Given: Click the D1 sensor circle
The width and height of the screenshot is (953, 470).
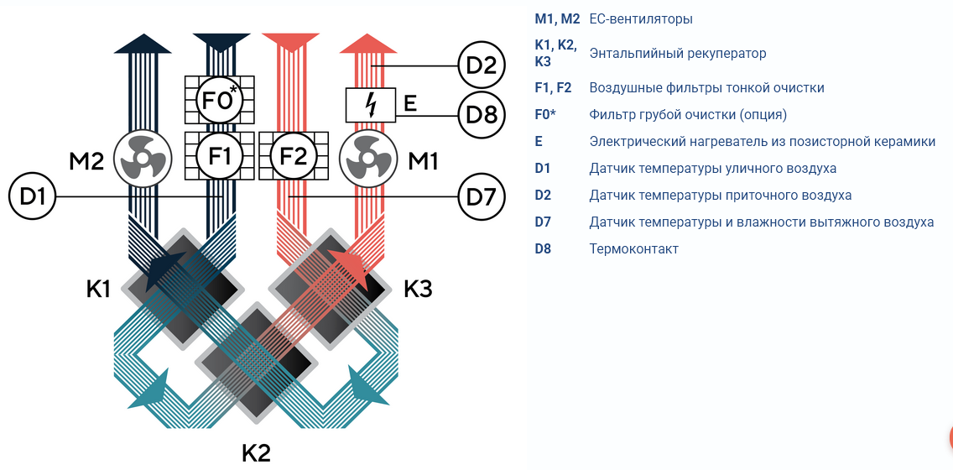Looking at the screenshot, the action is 32,196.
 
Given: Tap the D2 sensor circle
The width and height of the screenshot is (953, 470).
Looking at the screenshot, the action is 481,65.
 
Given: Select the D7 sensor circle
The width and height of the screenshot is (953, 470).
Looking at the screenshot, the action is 481,196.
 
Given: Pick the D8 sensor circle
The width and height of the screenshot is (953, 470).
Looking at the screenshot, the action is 481,115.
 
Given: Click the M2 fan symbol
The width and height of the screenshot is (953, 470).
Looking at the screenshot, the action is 143,159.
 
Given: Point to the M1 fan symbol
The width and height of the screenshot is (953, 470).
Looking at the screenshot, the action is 367,159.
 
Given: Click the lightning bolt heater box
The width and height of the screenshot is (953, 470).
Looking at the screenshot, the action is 369,105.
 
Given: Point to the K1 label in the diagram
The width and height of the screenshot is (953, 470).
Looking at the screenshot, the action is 98,290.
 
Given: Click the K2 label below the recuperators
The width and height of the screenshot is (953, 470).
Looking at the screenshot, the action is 256,453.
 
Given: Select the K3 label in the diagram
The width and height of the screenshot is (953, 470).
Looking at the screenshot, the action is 418,290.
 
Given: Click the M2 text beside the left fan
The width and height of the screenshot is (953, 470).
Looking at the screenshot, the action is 87,161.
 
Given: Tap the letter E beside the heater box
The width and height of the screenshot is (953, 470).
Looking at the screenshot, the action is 410,104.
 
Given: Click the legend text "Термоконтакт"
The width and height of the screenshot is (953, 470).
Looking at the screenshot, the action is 634,248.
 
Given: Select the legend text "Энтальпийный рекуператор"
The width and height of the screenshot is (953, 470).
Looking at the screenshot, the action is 678,54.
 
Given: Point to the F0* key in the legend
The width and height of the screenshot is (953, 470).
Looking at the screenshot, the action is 545,114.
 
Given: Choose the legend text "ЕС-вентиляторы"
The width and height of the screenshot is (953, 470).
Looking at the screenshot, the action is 641,18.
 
